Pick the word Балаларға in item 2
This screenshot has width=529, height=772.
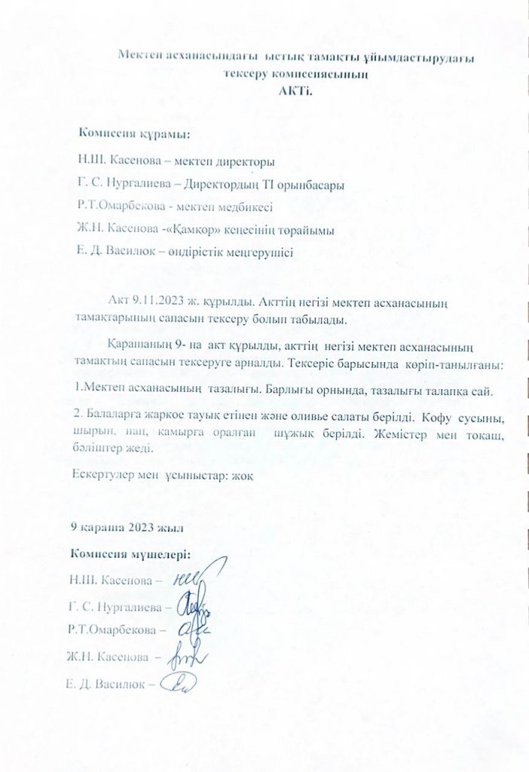pos(112,417)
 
